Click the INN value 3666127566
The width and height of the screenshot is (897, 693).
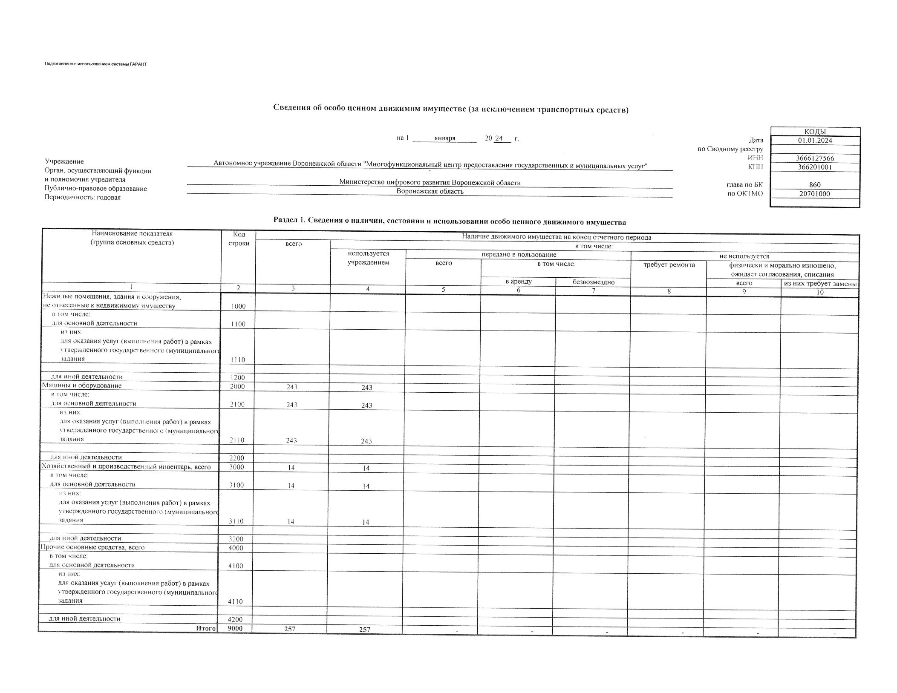pyautogui.click(x=815, y=158)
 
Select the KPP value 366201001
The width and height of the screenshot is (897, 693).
pyautogui.click(x=815, y=167)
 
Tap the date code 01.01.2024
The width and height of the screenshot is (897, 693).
pyautogui.click(x=815, y=141)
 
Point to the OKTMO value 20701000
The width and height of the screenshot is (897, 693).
pyautogui.click(x=815, y=194)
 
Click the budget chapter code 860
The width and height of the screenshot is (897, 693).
pyautogui.click(x=815, y=185)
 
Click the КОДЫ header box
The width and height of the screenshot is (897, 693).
pyautogui.click(x=815, y=132)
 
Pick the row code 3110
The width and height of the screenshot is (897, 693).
pyautogui.click(x=237, y=521)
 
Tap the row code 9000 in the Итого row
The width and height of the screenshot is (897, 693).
pyautogui.click(x=235, y=628)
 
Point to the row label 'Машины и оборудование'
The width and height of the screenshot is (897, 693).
pyautogui.click(x=81, y=385)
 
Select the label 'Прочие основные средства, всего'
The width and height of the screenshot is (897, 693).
pyautogui.click(x=92, y=547)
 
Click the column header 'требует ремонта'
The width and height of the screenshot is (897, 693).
pyautogui.click(x=669, y=265)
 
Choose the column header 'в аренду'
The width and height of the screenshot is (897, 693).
pyautogui.click(x=518, y=282)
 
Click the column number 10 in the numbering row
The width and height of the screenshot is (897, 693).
pyautogui.click(x=819, y=292)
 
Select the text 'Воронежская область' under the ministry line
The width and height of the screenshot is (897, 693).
pyautogui.click(x=430, y=192)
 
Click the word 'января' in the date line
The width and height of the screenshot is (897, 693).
pyautogui.click(x=444, y=138)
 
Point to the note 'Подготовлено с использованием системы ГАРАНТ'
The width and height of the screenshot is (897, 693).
pyautogui.click(x=95, y=64)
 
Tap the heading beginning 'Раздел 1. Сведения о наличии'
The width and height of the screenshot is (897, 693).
pyautogui.click(x=450, y=221)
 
